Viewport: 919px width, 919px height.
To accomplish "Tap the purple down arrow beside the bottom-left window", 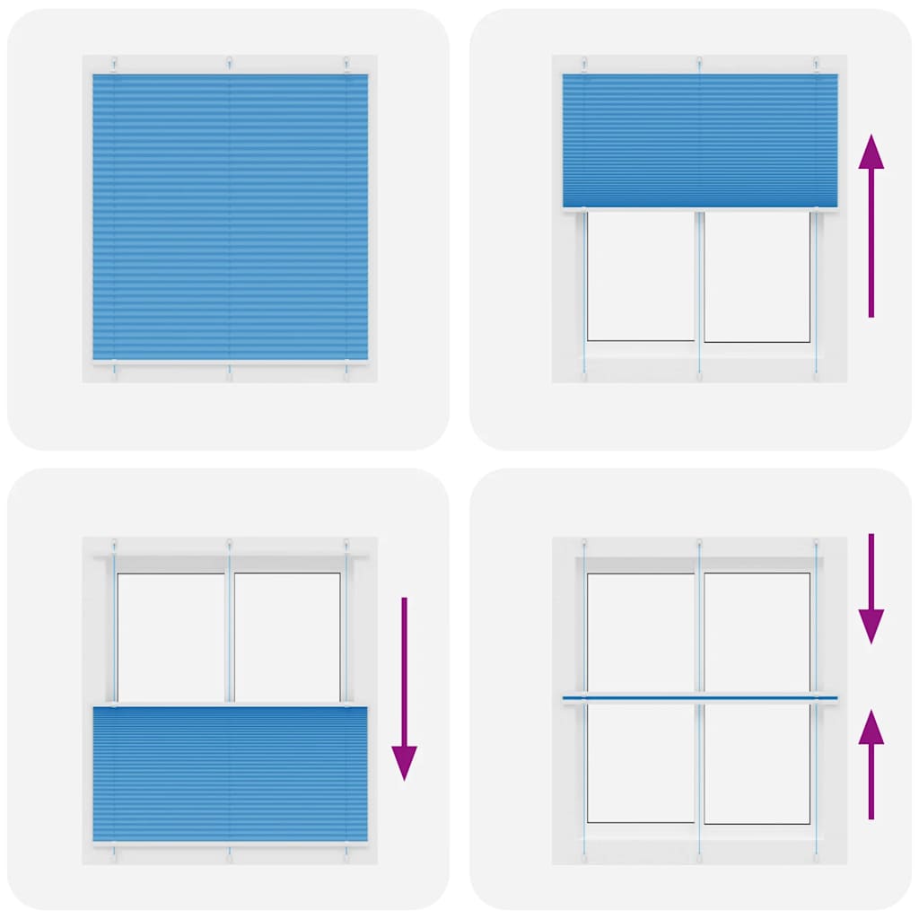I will tap(404, 687).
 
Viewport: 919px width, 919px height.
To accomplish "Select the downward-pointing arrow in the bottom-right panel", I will tap(871, 589).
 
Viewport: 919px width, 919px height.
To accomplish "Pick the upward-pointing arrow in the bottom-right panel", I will tap(871, 763).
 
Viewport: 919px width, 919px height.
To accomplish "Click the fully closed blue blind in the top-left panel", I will tap(230, 217).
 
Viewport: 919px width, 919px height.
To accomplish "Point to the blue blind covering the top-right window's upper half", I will tap(699, 140).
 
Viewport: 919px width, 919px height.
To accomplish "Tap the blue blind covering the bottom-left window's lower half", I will tap(230, 774).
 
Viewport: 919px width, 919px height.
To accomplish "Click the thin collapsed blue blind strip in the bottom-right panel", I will tap(699, 697).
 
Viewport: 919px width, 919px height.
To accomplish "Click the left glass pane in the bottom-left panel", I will tap(171, 635).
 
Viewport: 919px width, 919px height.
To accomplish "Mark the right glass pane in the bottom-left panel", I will tap(287, 635).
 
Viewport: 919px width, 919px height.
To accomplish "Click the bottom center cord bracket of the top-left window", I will tap(230, 370).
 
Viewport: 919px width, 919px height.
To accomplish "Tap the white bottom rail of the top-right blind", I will tap(699, 210).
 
